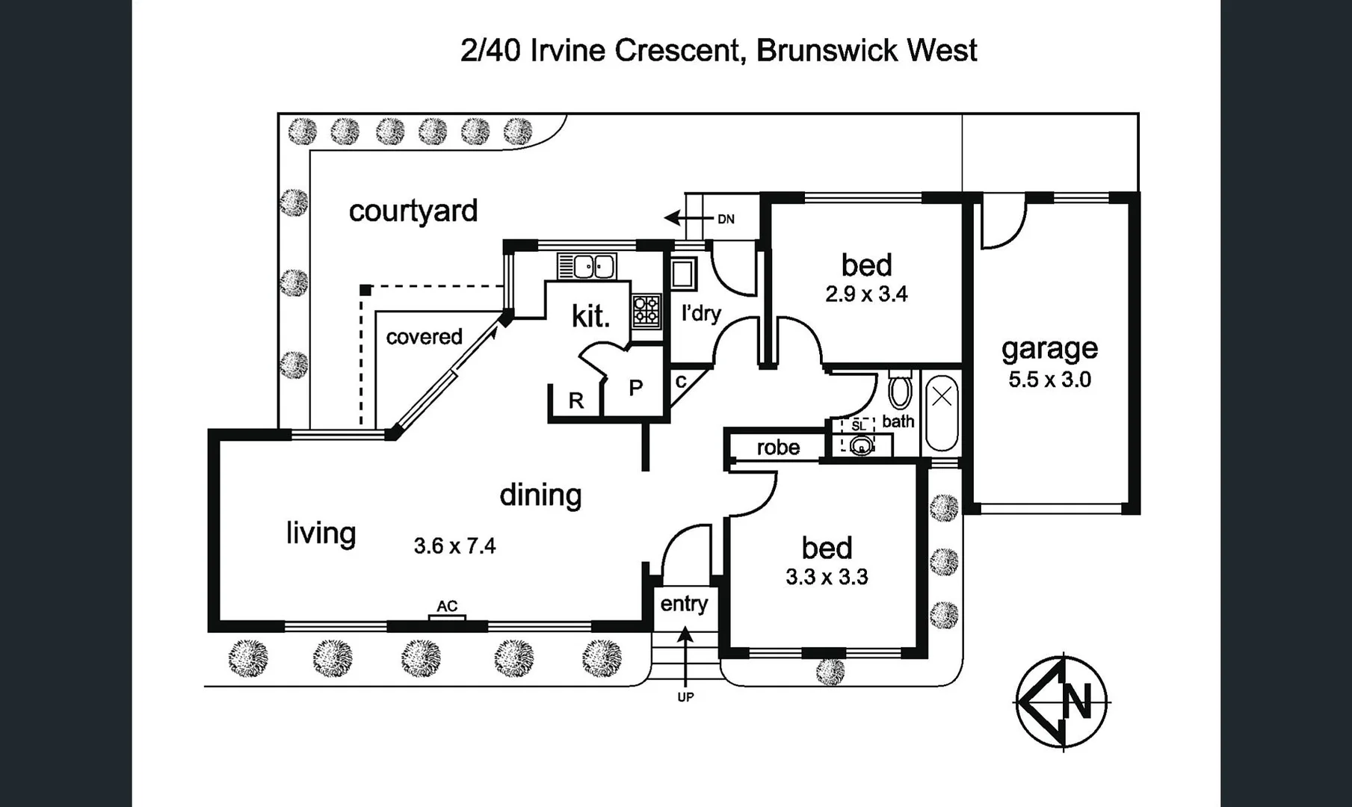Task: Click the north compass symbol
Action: click(1062, 702)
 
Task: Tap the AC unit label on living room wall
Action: click(447, 606)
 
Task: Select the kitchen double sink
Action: click(587, 266)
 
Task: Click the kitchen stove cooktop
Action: click(646, 311)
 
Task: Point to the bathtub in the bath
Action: click(942, 415)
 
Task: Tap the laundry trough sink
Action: click(683, 273)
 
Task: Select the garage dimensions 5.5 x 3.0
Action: click(1049, 380)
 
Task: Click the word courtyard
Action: click(413, 211)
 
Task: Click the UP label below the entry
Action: click(685, 697)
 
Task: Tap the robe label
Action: click(778, 448)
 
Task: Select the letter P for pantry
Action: click(635, 388)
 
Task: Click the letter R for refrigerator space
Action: click(575, 401)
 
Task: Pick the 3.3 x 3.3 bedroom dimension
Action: click(827, 577)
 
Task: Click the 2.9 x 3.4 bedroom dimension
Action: click(866, 294)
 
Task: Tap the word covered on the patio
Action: click(424, 337)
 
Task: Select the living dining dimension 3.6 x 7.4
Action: click(454, 546)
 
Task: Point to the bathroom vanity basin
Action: click(862, 447)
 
